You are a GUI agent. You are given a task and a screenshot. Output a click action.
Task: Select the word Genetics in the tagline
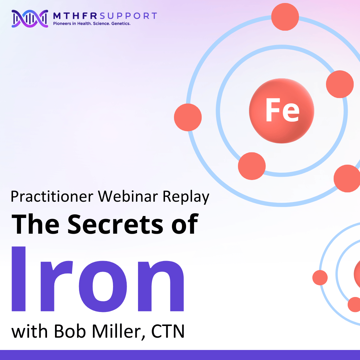[118, 24]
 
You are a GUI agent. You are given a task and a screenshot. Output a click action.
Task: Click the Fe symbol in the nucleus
[282, 110]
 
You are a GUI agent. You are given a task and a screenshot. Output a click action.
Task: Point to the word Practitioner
[52, 197]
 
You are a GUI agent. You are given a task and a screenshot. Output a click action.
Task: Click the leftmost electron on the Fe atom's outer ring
[188, 117]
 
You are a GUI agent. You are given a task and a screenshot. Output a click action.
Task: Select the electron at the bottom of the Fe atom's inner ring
[252, 166]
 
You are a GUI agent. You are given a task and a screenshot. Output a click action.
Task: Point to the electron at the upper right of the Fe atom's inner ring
[340, 84]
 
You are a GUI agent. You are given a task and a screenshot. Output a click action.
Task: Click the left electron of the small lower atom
[320, 277]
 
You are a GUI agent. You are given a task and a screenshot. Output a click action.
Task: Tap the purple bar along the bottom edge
[180, 355]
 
